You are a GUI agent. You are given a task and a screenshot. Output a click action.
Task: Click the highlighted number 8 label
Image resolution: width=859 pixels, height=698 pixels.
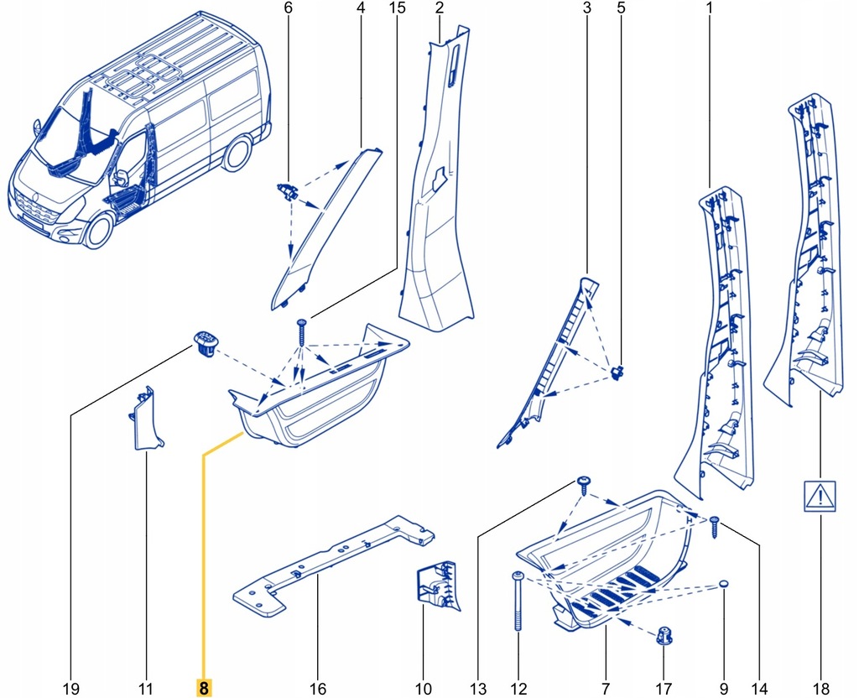[203, 688]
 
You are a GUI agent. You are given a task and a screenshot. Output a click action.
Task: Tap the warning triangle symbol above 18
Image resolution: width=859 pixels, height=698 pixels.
[816, 496]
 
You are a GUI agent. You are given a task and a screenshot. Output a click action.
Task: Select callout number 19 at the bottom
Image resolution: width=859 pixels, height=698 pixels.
[70, 688]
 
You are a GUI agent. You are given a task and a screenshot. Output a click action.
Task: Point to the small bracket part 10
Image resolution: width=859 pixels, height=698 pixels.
[435, 585]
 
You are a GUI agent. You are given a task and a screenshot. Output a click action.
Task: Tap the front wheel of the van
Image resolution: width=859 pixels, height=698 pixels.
[98, 231]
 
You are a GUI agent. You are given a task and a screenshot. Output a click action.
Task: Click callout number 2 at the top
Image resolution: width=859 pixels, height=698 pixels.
[439, 9]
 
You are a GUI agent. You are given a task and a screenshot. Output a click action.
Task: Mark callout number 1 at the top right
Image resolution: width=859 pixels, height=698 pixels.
[710, 9]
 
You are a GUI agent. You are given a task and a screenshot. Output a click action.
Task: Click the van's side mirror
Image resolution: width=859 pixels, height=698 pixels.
[120, 178]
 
